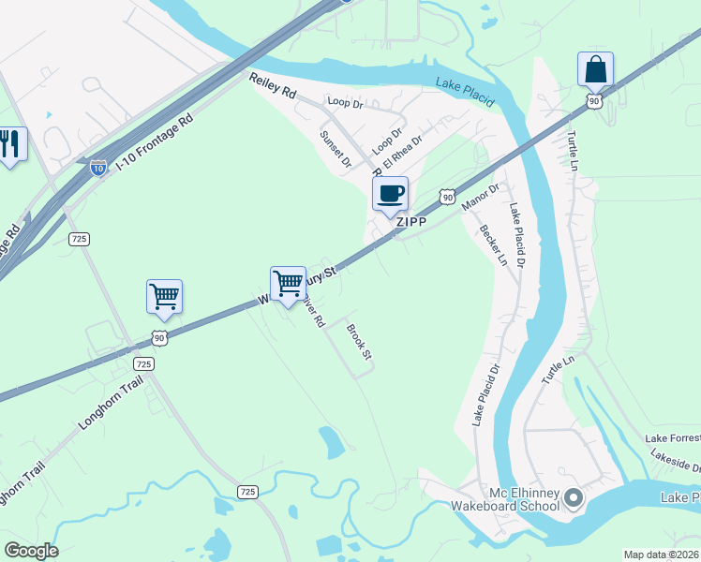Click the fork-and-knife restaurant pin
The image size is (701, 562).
(x=10, y=144)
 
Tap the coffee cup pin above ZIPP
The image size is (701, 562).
(x=390, y=194)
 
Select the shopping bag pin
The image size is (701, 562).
(x=595, y=69)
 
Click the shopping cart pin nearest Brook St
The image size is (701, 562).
(x=288, y=282)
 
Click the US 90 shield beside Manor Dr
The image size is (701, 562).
(x=448, y=198)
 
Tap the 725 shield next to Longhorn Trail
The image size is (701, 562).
(x=142, y=363)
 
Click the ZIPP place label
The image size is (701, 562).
(x=411, y=222)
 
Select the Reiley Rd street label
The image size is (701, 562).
(x=273, y=88)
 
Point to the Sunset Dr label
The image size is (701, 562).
(x=335, y=148)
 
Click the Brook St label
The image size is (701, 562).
(x=360, y=342)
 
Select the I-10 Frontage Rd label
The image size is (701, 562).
(x=154, y=143)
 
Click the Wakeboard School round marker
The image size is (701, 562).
(x=574, y=497)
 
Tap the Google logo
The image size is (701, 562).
(x=31, y=551)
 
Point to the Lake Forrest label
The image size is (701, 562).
(x=671, y=438)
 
